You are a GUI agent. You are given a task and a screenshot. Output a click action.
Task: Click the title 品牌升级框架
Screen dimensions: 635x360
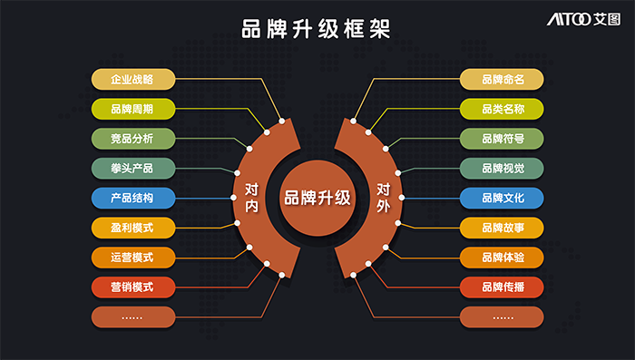pos(316,29)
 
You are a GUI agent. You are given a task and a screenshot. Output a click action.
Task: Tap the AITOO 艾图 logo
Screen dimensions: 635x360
pos(583,19)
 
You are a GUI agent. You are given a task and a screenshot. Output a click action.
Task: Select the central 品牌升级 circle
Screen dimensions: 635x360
pos(317,198)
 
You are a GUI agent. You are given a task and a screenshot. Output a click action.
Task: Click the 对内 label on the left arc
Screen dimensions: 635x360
pos(251,198)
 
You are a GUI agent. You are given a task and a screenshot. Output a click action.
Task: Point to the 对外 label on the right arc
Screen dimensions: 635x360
pos(383,198)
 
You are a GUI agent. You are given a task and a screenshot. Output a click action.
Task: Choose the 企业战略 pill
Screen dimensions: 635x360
pos(133,79)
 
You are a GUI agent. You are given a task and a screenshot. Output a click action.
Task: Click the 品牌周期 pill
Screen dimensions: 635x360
pos(133,109)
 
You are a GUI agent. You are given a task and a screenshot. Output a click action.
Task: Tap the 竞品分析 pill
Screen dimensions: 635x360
pos(133,139)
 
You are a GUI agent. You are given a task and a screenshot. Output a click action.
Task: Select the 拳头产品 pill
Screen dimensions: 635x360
pos(133,168)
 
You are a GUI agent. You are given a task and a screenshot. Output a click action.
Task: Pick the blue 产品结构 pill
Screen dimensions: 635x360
pos(133,198)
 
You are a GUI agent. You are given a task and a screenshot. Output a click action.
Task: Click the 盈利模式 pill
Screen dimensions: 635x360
pos(133,228)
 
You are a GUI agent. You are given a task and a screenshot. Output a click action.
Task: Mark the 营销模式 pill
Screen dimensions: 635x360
pos(133,287)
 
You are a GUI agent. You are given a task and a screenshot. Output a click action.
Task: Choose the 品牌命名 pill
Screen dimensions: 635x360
pos(502,79)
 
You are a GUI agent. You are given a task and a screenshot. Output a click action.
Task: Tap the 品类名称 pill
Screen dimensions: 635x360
pos(502,109)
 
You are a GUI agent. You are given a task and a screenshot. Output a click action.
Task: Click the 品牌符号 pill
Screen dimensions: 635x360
pos(502,139)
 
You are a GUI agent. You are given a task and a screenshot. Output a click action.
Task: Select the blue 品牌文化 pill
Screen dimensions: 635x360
pos(502,198)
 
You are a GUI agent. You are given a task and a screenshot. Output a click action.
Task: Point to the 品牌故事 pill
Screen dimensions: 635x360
pos(502,228)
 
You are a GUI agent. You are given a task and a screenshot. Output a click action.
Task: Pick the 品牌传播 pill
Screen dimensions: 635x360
pos(502,287)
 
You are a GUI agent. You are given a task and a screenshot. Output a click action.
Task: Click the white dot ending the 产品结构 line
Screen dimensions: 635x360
pos(234,198)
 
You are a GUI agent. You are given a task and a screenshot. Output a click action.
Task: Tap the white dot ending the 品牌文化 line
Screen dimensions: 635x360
pos(401,198)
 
